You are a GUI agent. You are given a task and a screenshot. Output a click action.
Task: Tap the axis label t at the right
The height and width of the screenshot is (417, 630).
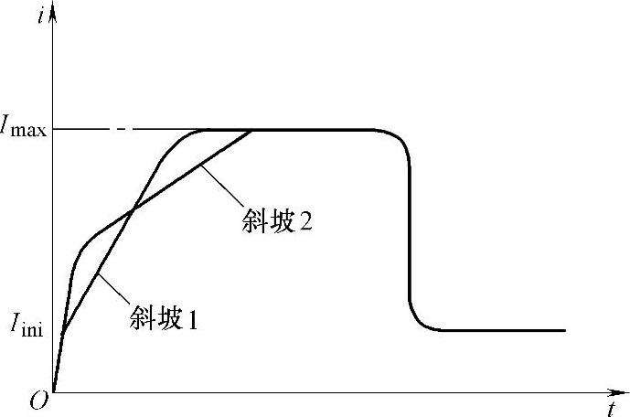[610, 407]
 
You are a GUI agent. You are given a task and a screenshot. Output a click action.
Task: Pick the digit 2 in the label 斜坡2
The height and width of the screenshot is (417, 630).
[306, 223]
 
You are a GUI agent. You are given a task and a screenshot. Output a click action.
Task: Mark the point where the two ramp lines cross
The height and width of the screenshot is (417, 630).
[133, 210]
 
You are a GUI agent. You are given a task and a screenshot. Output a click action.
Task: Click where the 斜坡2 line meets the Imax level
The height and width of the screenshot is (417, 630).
[251, 130]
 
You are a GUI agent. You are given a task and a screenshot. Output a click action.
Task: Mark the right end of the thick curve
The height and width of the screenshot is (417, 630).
[565, 330]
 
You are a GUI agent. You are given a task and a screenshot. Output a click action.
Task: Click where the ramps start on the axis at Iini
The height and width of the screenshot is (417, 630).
[62, 334]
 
